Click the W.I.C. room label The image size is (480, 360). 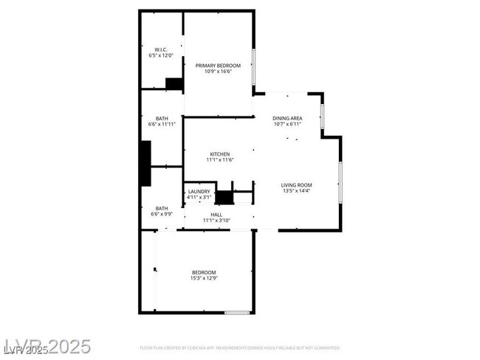[x=160, y=50]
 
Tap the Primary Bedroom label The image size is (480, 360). [x=218, y=66]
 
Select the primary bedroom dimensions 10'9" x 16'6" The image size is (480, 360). [x=218, y=72]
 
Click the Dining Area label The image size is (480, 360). [x=287, y=118]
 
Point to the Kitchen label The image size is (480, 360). [x=219, y=154]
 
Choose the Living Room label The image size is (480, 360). [x=296, y=185]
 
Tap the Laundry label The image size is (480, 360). [x=199, y=192]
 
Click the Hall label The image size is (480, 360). [x=216, y=214]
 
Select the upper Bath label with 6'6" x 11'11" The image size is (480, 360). [x=162, y=118]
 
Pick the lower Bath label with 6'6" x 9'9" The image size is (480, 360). [x=162, y=208]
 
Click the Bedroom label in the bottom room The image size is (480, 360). [x=205, y=272]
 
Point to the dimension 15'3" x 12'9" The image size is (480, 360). [x=205, y=278]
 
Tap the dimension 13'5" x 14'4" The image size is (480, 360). [x=296, y=191]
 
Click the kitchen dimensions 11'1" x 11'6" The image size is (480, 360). [x=219, y=160]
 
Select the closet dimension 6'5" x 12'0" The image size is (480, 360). [x=160, y=56]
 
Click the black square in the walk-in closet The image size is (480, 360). [x=174, y=83]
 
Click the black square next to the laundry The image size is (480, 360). [x=224, y=198]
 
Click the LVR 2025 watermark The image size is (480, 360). [x=47, y=346]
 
